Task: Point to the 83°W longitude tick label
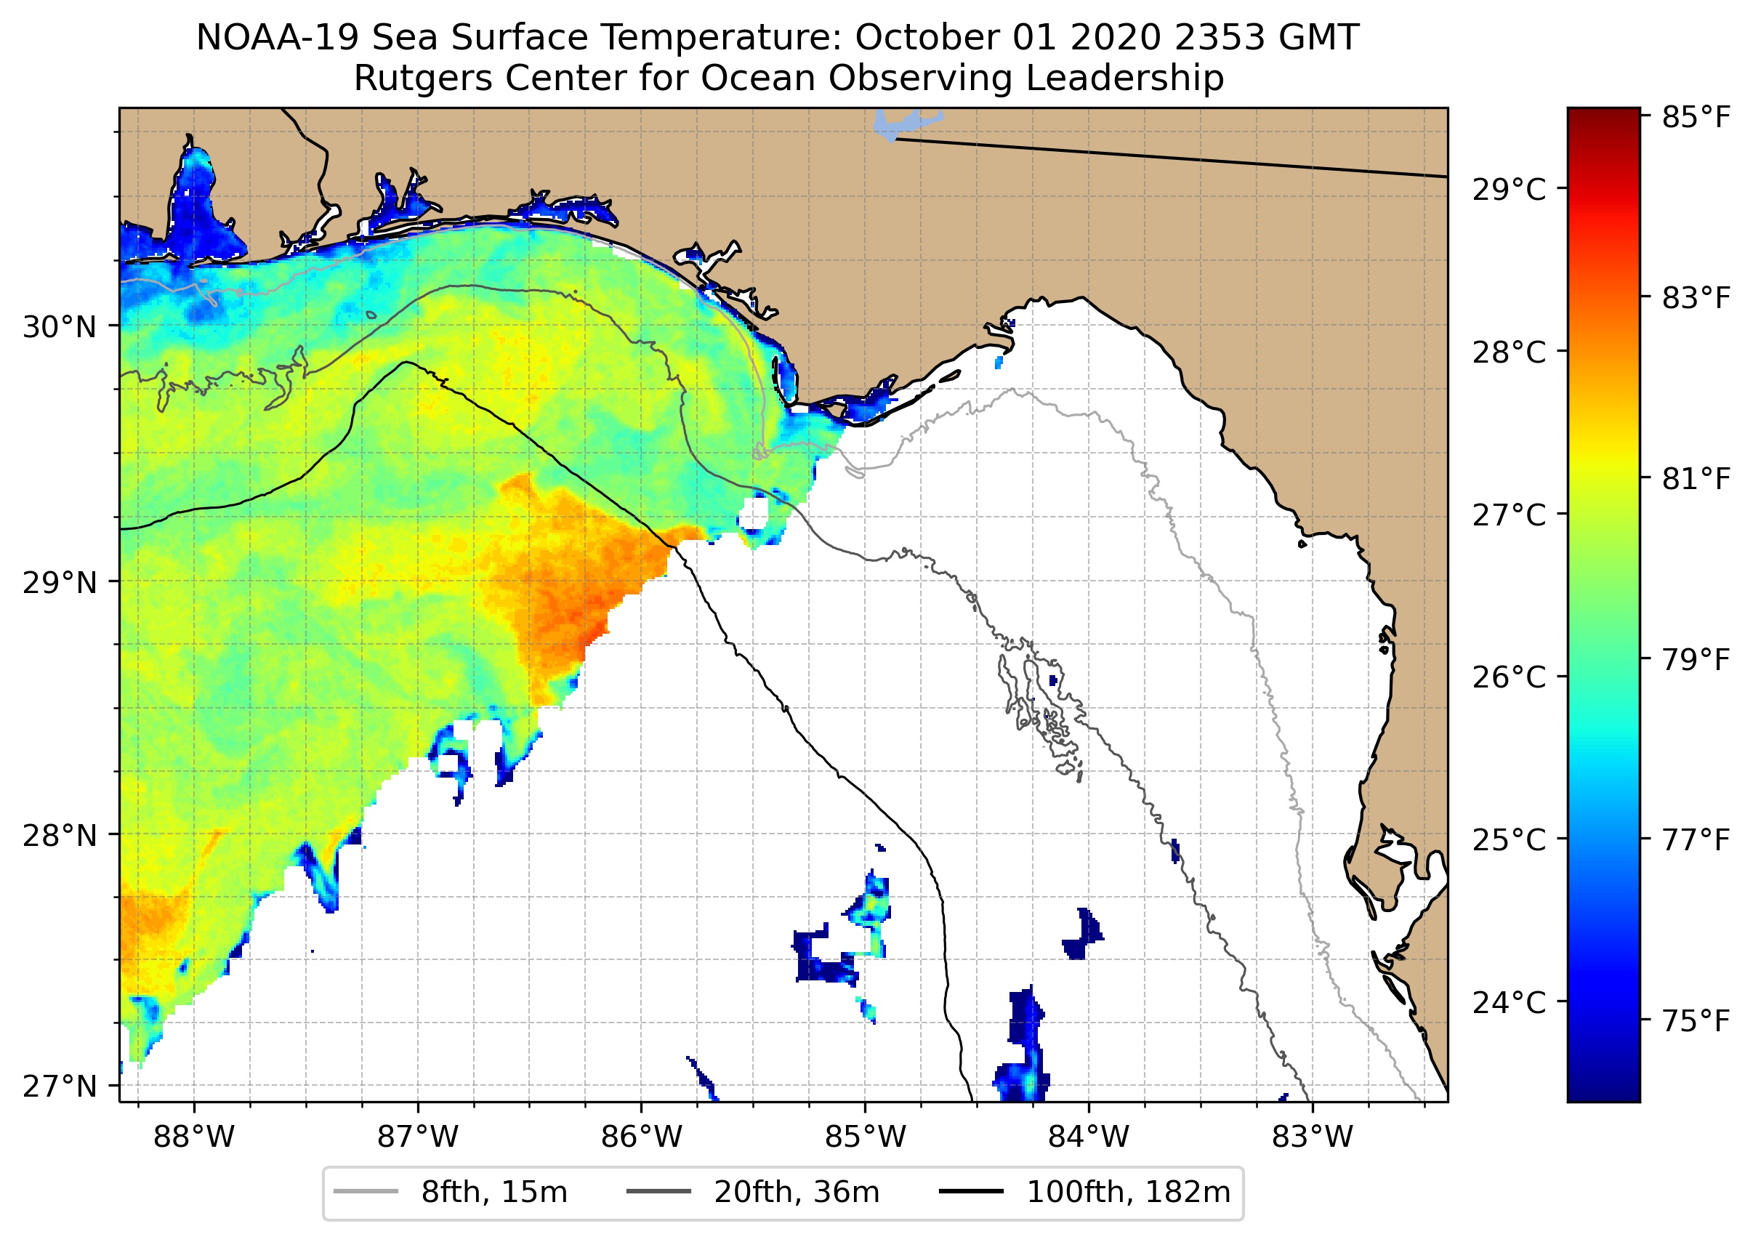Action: pyautogui.click(x=1313, y=1137)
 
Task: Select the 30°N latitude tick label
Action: pyautogui.click(x=60, y=327)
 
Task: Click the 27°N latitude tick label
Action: pyautogui.click(x=60, y=1086)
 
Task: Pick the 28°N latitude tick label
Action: pyautogui.click(x=60, y=835)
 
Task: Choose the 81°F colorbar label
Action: pyautogui.click(x=1696, y=479)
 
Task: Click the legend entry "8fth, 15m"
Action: pyautogui.click(x=493, y=1193)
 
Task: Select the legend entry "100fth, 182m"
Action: pyautogui.click(x=1128, y=1193)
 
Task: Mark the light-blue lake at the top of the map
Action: pyautogui.click(x=903, y=123)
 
